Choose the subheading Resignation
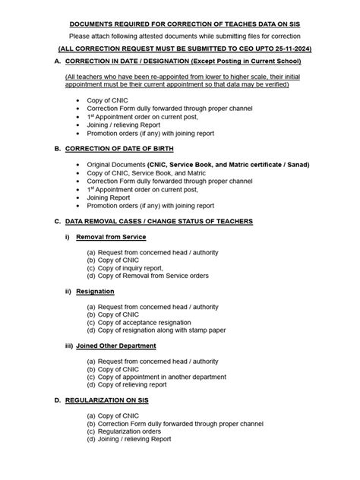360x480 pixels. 95,291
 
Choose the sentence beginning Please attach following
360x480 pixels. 179,35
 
